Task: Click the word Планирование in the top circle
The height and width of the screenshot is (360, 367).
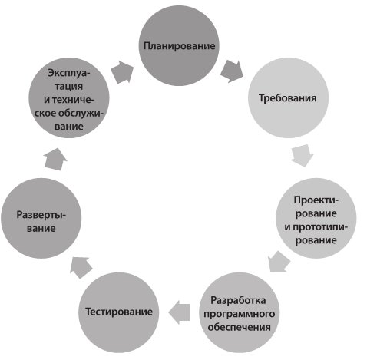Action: click(x=179, y=46)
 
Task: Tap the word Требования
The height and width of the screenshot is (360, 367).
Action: click(x=288, y=98)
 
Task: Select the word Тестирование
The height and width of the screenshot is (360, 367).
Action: click(x=119, y=312)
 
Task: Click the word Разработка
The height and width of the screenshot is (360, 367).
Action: click(x=238, y=300)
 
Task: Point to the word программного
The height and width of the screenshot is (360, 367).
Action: click(x=240, y=314)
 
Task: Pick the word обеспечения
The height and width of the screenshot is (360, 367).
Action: click(x=239, y=327)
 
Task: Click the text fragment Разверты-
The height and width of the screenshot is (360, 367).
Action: click(x=41, y=215)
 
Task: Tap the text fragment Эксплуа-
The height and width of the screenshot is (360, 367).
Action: click(x=69, y=73)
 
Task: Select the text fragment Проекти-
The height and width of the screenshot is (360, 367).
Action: click(x=316, y=200)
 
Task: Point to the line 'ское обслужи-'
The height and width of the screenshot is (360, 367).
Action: click(x=68, y=113)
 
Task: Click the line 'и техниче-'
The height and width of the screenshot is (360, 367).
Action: click(x=69, y=100)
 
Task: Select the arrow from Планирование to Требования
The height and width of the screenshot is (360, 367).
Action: click(x=232, y=71)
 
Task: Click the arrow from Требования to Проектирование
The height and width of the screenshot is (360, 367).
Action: click(x=303, y=155)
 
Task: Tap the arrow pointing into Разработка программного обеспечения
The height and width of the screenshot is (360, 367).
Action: click(x=279, y=262)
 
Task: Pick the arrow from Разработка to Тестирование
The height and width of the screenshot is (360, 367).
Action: click(x=179, y=312)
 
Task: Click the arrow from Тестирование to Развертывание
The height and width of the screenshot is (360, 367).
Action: click(x=81, y=267)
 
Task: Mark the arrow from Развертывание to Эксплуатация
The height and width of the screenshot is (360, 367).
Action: click(x=55, y=159)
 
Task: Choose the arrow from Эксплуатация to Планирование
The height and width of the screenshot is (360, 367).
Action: click(x=122, y=71)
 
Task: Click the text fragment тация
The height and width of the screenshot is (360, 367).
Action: click(x=69, y=87)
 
